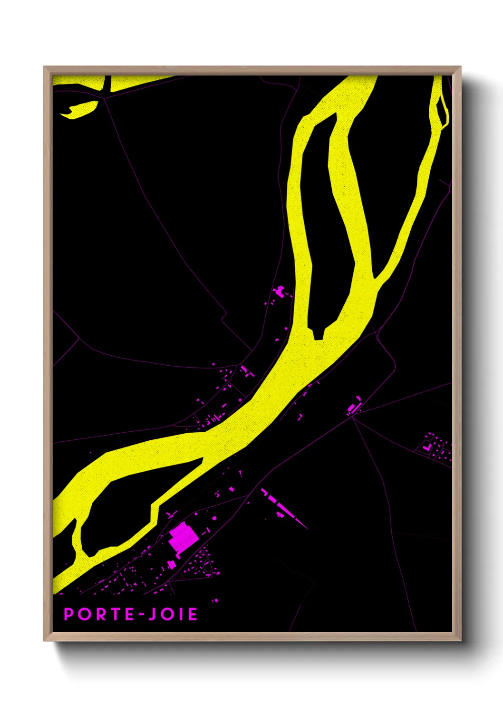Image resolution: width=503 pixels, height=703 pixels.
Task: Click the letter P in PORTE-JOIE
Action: [x=69, y=614]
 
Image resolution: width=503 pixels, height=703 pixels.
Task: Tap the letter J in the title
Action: [x=152, y=614]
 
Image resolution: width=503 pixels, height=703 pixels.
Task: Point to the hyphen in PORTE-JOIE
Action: [x=141, y=615]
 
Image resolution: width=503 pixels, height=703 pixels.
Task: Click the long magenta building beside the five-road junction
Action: [x=352, y=407]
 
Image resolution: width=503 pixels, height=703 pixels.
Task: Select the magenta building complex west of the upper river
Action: [x=280, y=290]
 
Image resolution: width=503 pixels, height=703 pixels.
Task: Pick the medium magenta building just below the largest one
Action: [x=171, y=564]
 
